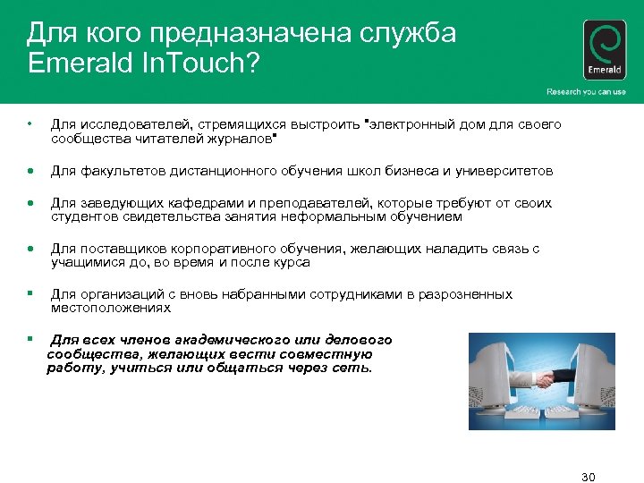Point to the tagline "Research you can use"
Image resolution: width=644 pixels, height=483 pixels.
(586, 92)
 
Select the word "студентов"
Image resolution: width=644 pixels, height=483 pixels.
(86, 216)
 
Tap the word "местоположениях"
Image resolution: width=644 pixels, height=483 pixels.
(110, 308)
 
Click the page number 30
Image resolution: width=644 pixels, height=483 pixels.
(588, 475)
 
